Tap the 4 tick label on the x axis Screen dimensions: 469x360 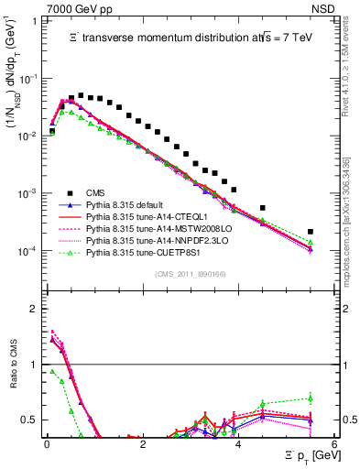(x=238, y=444)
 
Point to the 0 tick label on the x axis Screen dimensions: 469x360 (x=46, y=444)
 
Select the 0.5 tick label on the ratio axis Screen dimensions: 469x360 (x=29, y=420)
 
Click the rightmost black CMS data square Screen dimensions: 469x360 (x=311, y=232)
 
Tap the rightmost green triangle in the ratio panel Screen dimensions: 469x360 (x=311, y=398)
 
